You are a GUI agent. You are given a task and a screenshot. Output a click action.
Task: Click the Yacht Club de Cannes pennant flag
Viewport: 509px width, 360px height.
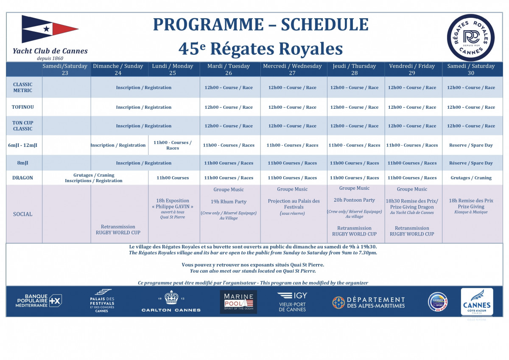pyautogui.click(x=49, y=29)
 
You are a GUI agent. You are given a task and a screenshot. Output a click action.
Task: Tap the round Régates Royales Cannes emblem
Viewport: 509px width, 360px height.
pyautogui.click(x=470, y=37)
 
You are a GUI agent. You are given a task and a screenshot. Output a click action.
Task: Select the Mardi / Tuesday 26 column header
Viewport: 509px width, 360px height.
pyautogui.click(x=229, y=69)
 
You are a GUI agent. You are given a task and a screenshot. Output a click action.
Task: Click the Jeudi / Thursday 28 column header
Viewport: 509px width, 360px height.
pyautogui.click(x=354, y=69)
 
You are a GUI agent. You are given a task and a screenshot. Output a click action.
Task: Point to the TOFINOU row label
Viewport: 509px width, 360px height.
pyautogui.click(x=22, y=107)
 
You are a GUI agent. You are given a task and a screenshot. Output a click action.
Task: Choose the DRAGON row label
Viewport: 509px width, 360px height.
pyautogui.click(x=22, y=178)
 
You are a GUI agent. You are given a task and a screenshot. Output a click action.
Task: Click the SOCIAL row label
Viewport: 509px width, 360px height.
pyautogui.click(x=22, y=214)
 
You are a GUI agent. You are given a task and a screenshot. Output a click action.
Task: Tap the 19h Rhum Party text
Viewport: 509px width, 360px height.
pyautogui.click(x=229, y=202)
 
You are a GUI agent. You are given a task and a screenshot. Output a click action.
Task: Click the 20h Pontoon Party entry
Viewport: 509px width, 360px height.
pyautogui.click(x=354, y=200)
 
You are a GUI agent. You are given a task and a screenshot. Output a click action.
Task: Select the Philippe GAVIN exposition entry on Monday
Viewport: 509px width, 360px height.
pyautogui.click(x=172, y=204)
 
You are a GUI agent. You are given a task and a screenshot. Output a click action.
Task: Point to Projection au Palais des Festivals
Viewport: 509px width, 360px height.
pyautogui.click(x=294, y=204)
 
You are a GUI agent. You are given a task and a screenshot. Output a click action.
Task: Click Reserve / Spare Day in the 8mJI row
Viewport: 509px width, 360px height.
pyautogui.click(x=471, y=163)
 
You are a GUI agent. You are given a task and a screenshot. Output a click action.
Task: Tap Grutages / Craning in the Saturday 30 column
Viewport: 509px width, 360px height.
pyautogui.click(x=471, y=178)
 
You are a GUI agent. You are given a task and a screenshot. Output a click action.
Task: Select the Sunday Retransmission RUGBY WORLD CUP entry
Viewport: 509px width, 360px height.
pyautogui.click(x=118, y=230)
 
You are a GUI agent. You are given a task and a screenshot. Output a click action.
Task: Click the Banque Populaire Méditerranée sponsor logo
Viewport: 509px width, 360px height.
pyautogui.click(x=39, y=301)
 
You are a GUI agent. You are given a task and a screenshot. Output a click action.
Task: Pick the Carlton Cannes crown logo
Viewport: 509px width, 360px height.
pyautogui.click(x=171, y=301)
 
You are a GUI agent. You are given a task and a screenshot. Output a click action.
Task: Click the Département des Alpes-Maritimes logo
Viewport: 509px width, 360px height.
pyautogui.click(x=368, y=302)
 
